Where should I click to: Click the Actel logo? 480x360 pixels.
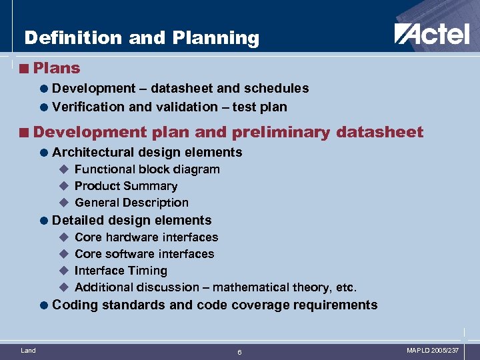tap(431, 33)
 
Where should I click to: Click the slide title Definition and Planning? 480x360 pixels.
tap(141, 38)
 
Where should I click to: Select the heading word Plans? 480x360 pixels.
tap(56, 68)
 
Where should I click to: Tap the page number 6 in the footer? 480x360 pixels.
tap(240, 352)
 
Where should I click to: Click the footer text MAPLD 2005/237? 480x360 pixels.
tap(433, 350)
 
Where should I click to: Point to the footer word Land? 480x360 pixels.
tap(29, 350)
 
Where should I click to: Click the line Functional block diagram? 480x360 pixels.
tap(147, 169)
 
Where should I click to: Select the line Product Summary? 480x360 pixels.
tap(126, 186)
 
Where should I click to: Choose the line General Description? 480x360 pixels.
tap(131, 203)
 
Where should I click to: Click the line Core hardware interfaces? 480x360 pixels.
tap(146, 237)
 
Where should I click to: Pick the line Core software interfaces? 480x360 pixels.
tap(144, 254)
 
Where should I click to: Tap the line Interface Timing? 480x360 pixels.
tap(121, 271)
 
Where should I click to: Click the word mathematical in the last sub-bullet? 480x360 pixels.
tap(253, 287)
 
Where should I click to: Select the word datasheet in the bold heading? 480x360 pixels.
tap(380, 132)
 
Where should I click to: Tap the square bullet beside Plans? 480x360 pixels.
tap(25, 69)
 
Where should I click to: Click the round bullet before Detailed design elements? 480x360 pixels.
tap(44, 221)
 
